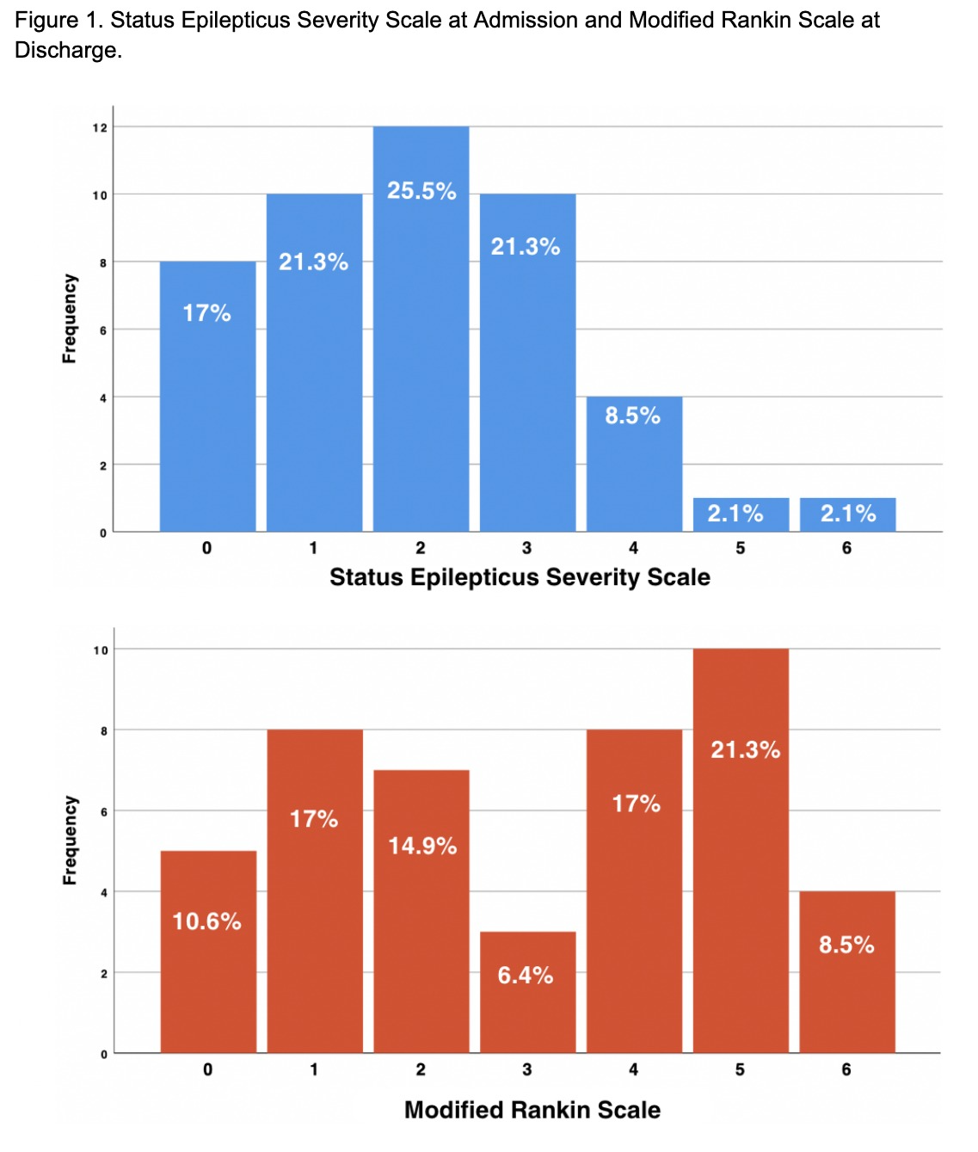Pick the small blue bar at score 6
[x=847, y=514]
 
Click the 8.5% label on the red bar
[x=846, y=945]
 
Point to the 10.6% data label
[x=206, y=921]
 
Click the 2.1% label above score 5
[x=735, y=514]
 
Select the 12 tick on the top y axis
[x=101, y=127]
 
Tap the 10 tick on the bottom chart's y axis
[x=101, y=650]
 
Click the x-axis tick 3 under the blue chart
[x=526, y=548]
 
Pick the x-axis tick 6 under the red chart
[x=846, y=1069]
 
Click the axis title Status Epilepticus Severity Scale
[x=520, y=576]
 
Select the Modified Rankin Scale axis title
[x=532, y=1110]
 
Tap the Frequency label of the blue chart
[x=70, y=318]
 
